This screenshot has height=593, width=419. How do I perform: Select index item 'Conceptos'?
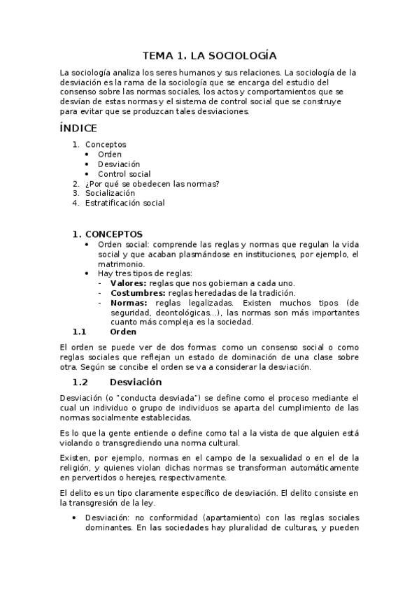pos(106,145)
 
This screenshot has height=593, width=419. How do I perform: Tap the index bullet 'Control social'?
pos(124,174)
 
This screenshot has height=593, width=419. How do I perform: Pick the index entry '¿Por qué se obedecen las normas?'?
pos(152,184)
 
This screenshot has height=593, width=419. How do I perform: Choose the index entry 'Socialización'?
pos(110,194)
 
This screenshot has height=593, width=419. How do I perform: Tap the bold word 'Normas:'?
pos(129,302)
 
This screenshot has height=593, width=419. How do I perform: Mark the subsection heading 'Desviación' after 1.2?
pos(136,382)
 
